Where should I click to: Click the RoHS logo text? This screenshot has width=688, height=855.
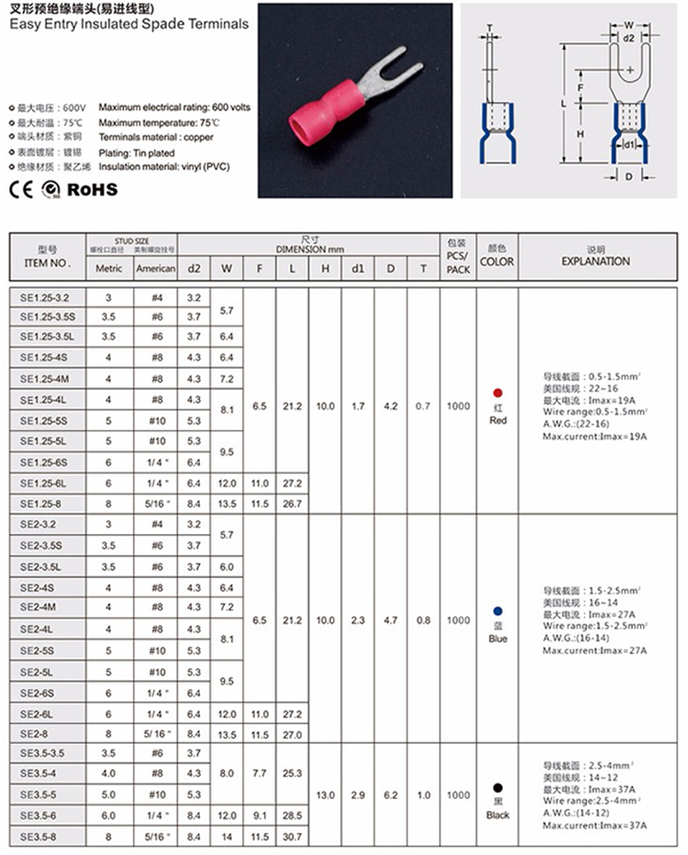(x=94, y=189)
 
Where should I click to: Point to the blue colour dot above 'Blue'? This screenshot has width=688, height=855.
(x=498, y=610)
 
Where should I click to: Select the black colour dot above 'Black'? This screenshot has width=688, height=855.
(x=498, y=787)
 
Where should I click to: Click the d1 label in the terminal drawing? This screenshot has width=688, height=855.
(x=629, y=145)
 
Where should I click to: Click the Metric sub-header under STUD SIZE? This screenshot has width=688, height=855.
(x=108, y=269)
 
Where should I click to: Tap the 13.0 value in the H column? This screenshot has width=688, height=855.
(x=325, y=794)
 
